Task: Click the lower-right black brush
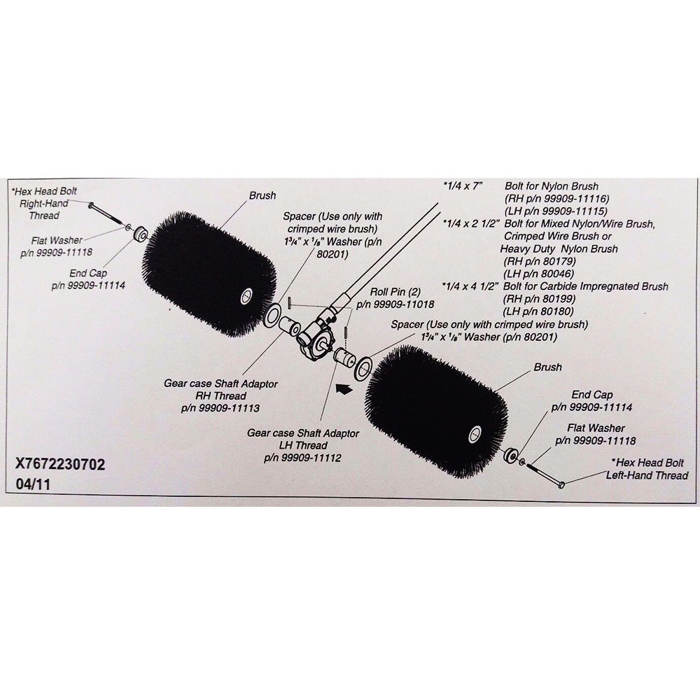tap(435, 412)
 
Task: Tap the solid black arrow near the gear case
tap(343, 389)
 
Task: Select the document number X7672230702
tap(60, 464)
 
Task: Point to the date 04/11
tap(33, 484)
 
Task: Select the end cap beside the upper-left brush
tap(141, 232)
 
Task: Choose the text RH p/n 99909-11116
tap(556, 199)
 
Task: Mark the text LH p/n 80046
tap(538, 273)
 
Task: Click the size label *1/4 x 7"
tap(463, 186)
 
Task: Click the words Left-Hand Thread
tap(647, 475)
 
